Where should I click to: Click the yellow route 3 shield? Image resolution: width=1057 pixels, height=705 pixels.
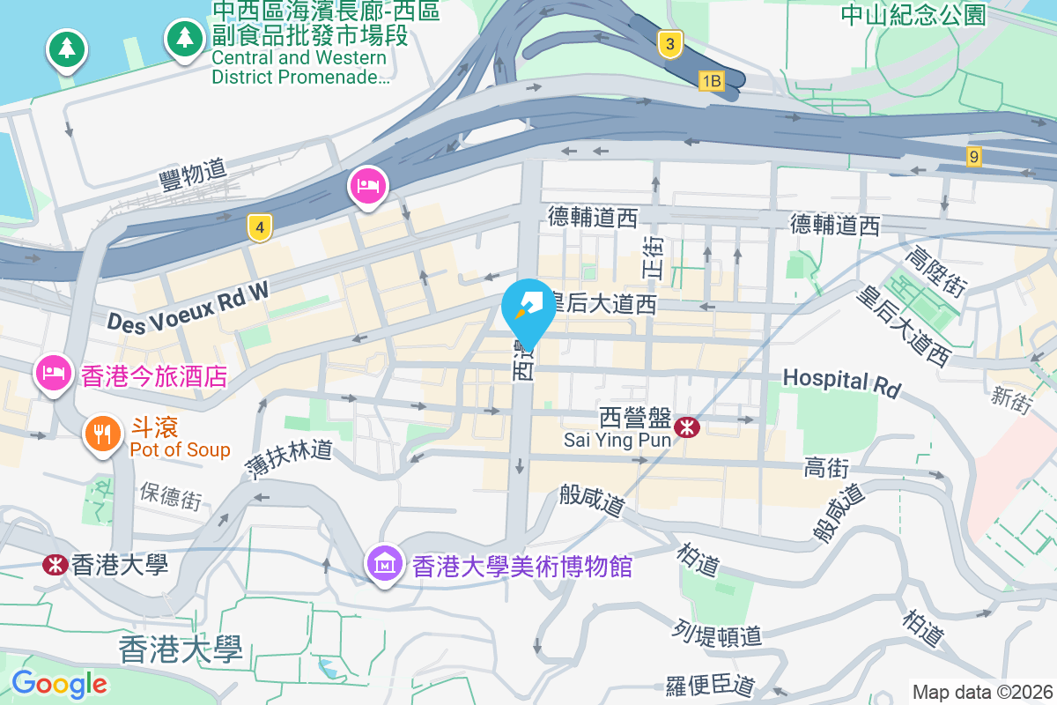point(670,44)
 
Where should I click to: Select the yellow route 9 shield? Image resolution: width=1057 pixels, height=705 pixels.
point(972,157)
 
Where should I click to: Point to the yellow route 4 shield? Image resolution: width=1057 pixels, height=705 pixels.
point(257,228)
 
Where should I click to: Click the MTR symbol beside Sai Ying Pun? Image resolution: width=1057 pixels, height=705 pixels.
point(687,428)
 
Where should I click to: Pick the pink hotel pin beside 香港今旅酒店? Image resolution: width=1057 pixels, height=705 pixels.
point(54,373)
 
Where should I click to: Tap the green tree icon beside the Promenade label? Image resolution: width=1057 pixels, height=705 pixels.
point(184,39)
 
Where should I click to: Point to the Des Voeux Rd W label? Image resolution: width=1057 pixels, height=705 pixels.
point(187,305)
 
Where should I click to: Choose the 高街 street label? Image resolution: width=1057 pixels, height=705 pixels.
point(825,468)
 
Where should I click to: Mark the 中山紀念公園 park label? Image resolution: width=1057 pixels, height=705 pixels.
point(913,14)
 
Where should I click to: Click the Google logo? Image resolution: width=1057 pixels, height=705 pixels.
point(60,684)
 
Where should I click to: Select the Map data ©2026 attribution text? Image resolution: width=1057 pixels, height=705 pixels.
point(981,692)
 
